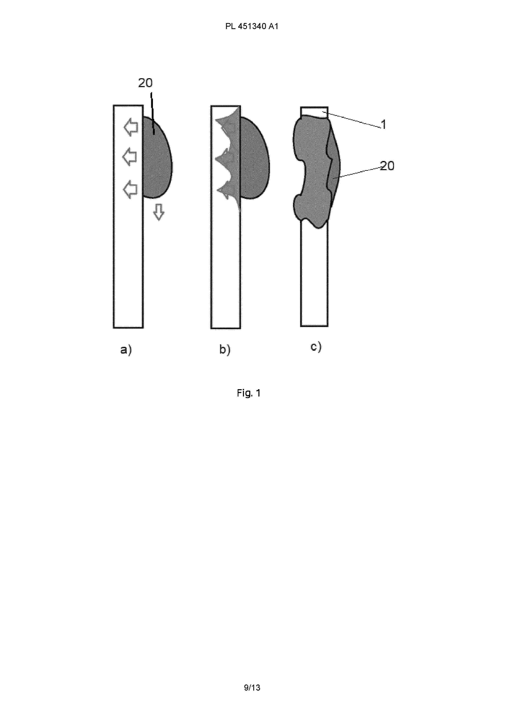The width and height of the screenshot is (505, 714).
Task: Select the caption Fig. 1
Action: click(x=249, y=393)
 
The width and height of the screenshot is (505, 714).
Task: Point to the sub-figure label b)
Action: click(x=225, y=349)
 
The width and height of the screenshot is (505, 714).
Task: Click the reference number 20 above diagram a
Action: click(x=145, y=83)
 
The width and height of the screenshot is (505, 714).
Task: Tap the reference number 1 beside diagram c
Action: click(x=384, y=124)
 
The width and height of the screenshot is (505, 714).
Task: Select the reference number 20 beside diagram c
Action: click(x=387, y=166)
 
